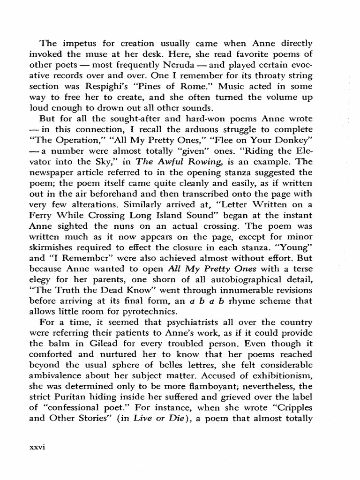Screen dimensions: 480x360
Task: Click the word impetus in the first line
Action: [x=72, y=43]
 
